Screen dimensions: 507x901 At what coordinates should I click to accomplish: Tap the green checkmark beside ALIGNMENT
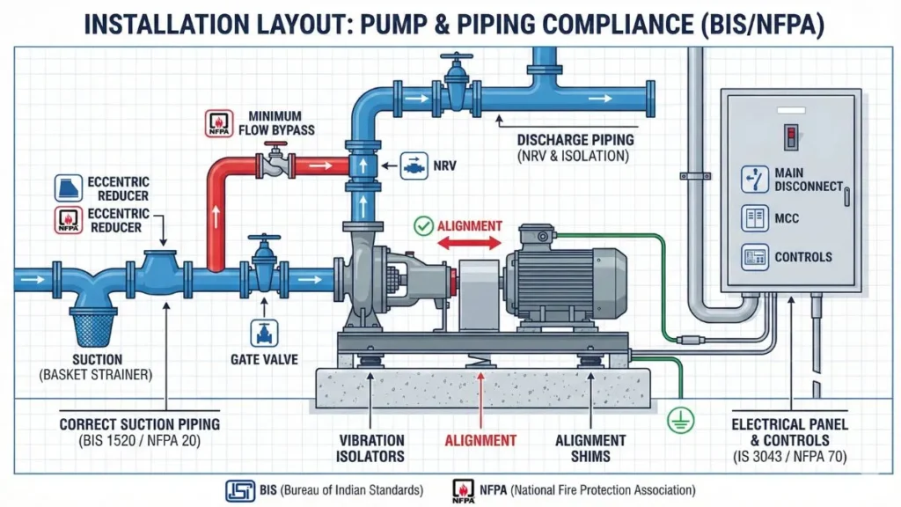pyautogui.click(x=423, y=225)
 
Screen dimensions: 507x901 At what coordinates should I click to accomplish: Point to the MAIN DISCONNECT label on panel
pyautogui.click(x=808, y=180)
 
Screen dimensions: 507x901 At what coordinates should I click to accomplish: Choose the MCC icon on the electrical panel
pyautogui.click(x=753, y=217)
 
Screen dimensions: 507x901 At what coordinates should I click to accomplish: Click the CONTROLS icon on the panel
pyautogui.click(x=753, y=257)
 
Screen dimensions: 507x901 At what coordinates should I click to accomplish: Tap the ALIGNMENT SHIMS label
pyautogui.click(x=590, y=448)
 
